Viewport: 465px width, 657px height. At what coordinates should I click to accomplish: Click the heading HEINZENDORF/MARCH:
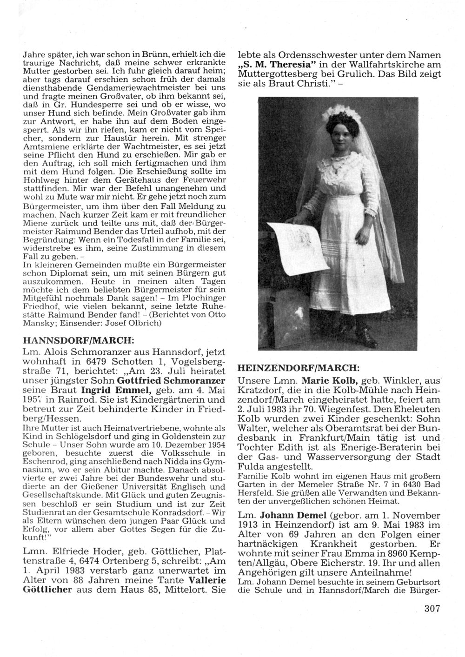pos(298,368)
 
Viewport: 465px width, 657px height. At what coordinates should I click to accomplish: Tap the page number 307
pos(432,609)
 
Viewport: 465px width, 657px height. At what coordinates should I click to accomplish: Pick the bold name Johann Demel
pos(285,517)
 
